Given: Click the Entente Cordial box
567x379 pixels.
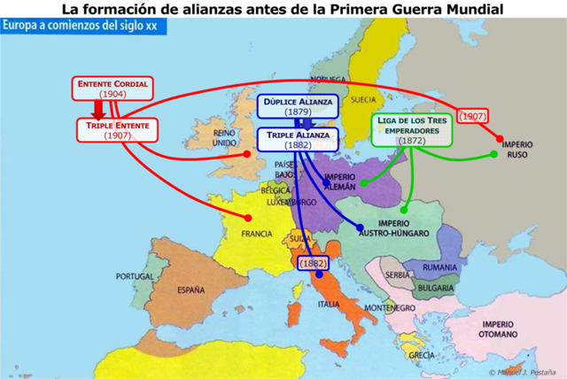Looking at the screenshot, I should tap(113, 88).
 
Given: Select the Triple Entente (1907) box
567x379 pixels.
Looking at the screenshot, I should tap(117, 130).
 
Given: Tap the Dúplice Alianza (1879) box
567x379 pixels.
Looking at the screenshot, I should tap(297, 106).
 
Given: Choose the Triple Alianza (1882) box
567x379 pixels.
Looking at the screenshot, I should tap(298, 139).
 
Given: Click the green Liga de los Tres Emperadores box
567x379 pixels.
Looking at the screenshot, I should tap(412, 129).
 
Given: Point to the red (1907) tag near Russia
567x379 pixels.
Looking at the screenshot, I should tap(474, 116).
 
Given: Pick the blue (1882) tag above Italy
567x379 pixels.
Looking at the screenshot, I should tap(313, 263).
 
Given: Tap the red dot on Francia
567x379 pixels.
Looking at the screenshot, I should tap(248, 218).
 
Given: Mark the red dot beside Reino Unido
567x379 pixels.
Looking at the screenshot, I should tap(247, 154).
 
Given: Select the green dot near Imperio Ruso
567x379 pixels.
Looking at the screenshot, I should tap(494, 154).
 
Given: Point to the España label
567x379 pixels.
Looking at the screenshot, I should tap(190, 290).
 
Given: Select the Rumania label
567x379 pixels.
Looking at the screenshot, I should tap(440, 267).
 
